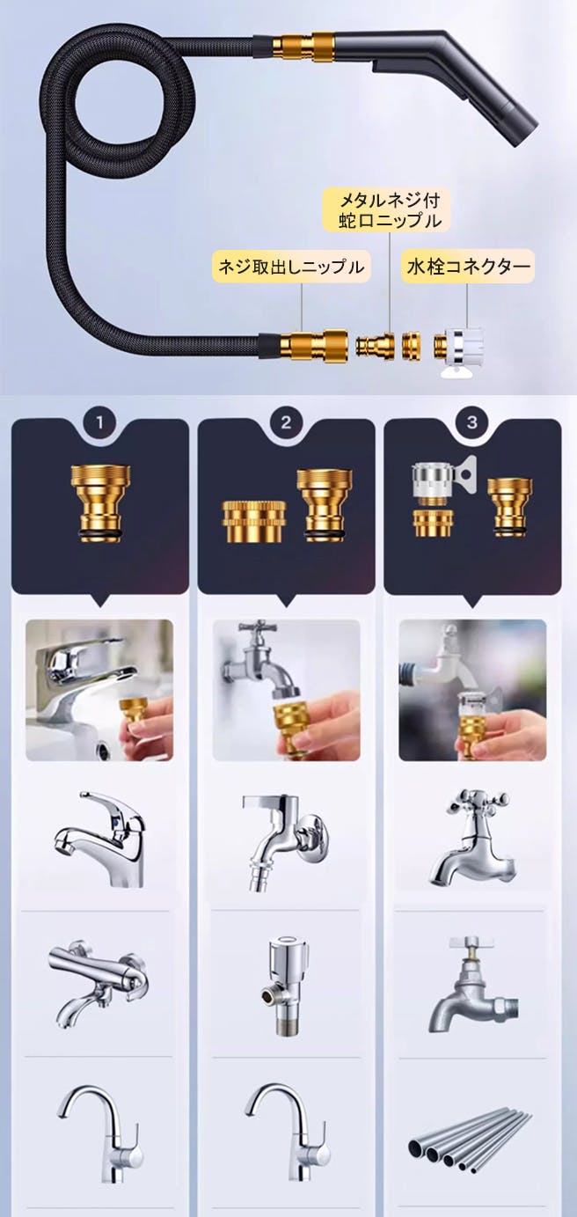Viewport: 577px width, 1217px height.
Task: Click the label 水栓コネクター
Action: (468, 266)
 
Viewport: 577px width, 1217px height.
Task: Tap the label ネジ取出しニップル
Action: (291, 267)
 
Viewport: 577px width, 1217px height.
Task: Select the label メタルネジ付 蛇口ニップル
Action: (390, 209)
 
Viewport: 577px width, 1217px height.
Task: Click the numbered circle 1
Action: (99, 422)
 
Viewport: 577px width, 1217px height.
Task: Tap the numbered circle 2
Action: (286, 422)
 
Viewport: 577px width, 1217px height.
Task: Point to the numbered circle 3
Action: (472, 422)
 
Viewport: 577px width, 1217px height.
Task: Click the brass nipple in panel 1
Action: (100, 503)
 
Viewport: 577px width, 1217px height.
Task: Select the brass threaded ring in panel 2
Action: (254, 522)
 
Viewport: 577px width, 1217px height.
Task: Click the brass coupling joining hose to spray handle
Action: (303, 45)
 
